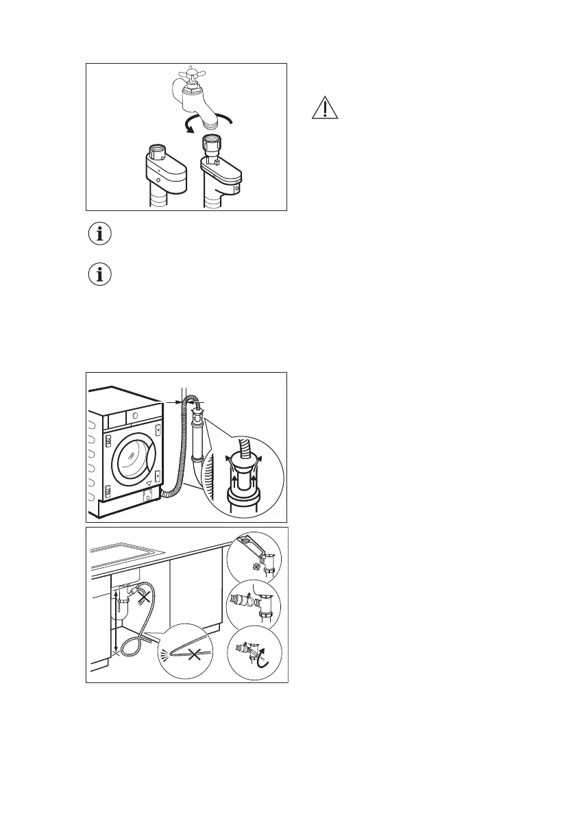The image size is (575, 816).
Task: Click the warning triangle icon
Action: (x=326, y=108)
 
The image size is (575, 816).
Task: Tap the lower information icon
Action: (x=101, y=275)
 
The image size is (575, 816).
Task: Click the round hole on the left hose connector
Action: (x=159, y=181)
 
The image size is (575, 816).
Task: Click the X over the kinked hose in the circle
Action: (x=195, y=655)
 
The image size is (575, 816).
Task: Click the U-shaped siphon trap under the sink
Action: (x=123, y=602)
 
